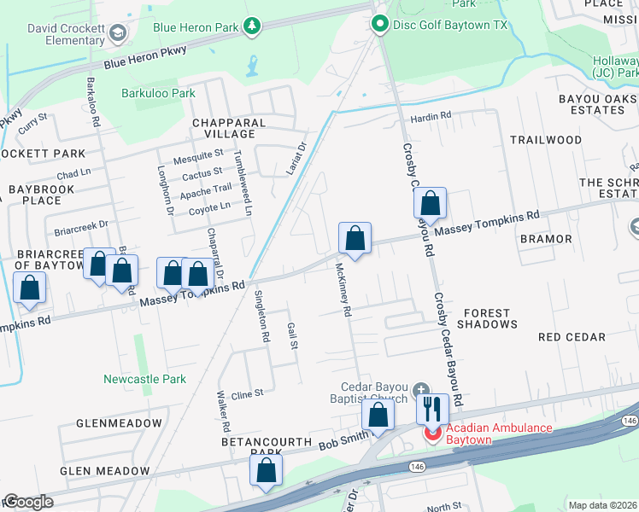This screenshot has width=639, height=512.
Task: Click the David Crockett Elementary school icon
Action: click(x=117, y=33)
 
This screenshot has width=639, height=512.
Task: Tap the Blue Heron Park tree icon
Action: click(x=252, y=27)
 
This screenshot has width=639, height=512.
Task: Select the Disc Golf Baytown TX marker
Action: click(x=380, y=25)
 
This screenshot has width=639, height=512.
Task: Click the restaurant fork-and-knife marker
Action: click(x=432, y=409)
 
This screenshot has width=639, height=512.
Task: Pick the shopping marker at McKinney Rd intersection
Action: click(x=355, y=239)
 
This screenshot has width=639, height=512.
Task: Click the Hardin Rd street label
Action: click(x=431, y=117)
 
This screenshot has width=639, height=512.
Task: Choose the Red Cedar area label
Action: click(x=572, y=337)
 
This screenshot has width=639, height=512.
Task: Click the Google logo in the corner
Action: click(x=28, y=502)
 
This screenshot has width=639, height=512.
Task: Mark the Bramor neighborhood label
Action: click(x=543, y=239)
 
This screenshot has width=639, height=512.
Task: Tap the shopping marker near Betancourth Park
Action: click(x=266, y=471)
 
